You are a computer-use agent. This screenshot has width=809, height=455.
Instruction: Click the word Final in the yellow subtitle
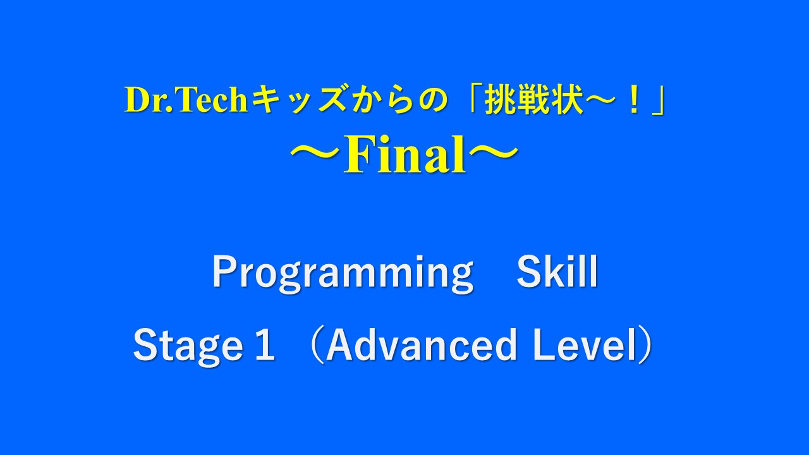[x=404, y=154]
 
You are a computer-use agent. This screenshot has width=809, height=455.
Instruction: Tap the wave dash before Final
[x=317, y=154]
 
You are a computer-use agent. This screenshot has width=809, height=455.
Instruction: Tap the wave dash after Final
[x=492, y=154]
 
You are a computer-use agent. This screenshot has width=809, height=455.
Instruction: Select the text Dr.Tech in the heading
[x=186, y=100]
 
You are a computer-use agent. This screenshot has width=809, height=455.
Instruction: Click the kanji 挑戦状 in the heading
[x=534, y=100]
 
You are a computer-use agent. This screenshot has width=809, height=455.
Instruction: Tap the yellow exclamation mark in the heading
[x=634, y=100]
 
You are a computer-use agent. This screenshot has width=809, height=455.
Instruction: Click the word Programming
[x=343, y=273]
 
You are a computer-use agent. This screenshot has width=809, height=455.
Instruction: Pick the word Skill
[x=557, y=271]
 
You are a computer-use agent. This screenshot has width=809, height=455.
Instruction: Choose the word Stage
[x=188, y=346]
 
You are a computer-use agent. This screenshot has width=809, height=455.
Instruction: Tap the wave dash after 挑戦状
[x=605, y=100]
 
